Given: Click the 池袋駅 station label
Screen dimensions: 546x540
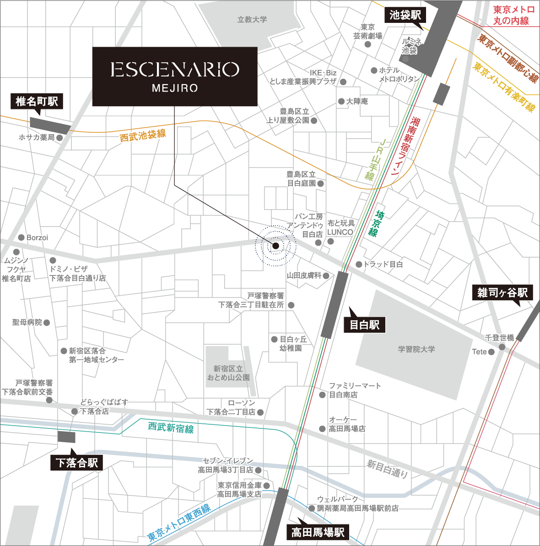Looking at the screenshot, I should point(405,15).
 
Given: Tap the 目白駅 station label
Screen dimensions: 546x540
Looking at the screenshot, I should point(364,325).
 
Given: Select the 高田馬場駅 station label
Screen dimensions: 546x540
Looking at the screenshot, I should point(318,532).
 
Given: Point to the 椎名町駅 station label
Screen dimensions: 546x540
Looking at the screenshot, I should point(37,101).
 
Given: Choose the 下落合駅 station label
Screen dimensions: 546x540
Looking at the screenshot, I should point(76,463).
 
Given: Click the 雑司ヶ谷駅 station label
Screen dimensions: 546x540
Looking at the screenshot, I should point(502,292).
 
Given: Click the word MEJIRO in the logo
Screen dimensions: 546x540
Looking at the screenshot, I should point(175,88).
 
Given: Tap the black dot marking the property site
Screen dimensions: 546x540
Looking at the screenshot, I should point(275,246).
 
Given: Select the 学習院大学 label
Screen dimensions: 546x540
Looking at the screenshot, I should point(416,349).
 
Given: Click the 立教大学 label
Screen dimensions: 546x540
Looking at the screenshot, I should point(252,20).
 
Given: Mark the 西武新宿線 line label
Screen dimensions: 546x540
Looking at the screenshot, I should point(171,428).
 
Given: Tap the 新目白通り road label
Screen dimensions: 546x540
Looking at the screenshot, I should point(387,469).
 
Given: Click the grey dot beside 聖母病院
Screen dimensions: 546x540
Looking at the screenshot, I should point(47,323).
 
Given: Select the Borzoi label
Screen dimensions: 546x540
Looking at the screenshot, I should point(37,238).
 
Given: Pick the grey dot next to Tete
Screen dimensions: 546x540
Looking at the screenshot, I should point(491,352).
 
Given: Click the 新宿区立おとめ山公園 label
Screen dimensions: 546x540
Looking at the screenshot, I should point(228,373).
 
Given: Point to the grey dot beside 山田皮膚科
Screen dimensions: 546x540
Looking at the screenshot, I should point(326,276).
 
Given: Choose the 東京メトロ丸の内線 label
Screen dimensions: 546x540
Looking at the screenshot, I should point(513,15).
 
